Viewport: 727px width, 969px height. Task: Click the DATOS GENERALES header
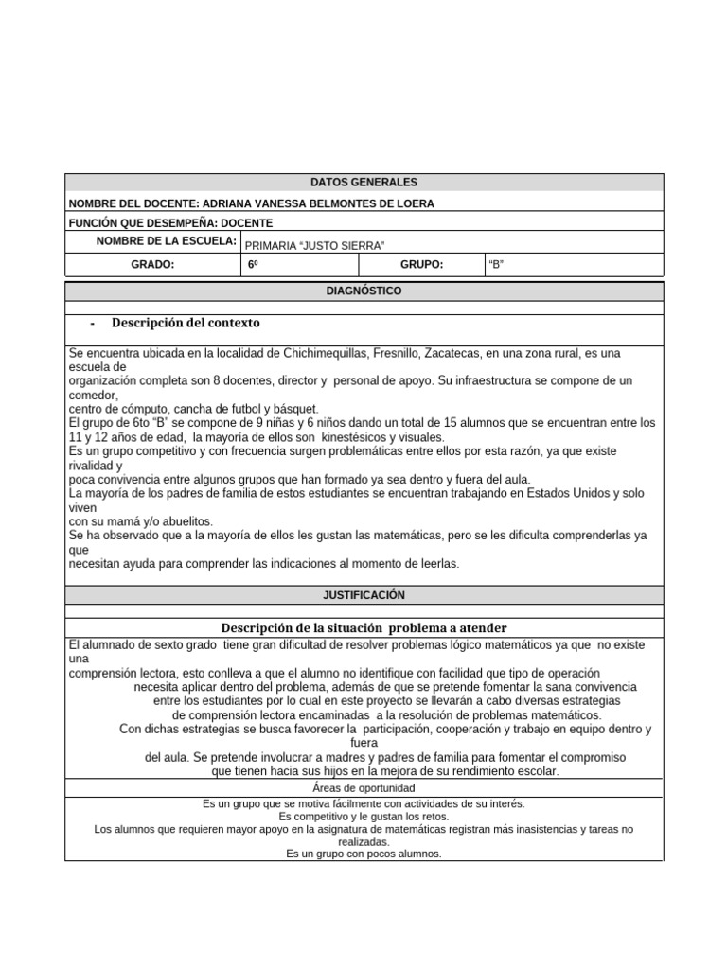tap(363, 183)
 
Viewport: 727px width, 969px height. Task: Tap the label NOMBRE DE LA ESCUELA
tap(166, 241)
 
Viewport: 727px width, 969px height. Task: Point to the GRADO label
tap(152, 266)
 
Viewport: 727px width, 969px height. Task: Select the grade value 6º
tap(253, 266)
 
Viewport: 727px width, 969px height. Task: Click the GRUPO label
tap(422, 266)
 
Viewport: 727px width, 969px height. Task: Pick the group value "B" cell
tap(495, 266)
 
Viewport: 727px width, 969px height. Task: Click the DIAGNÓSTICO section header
tap(363, 291)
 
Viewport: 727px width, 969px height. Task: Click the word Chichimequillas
tap(328, 353)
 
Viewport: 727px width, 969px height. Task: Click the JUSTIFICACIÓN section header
tap(363, 595)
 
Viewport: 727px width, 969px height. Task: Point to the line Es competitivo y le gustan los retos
tap(363, 816)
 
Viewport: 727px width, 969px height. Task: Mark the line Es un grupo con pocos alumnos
tap(363, 854)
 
